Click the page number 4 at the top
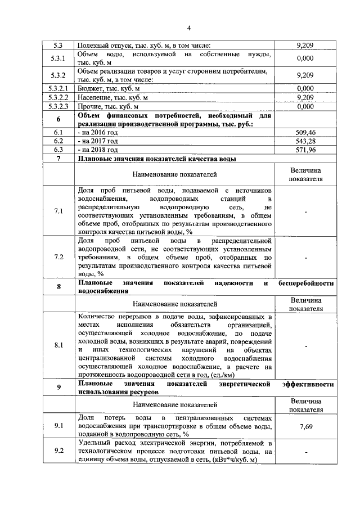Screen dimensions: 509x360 coord(189,29)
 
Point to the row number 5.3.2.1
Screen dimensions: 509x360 coord(58,89)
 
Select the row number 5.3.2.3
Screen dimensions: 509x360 coord(58,106)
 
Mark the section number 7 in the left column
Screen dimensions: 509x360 coord(58,159)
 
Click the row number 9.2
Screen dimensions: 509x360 coord(58,451)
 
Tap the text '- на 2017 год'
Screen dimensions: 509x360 coord(98,141)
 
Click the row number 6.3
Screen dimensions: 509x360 coord(58,150)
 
